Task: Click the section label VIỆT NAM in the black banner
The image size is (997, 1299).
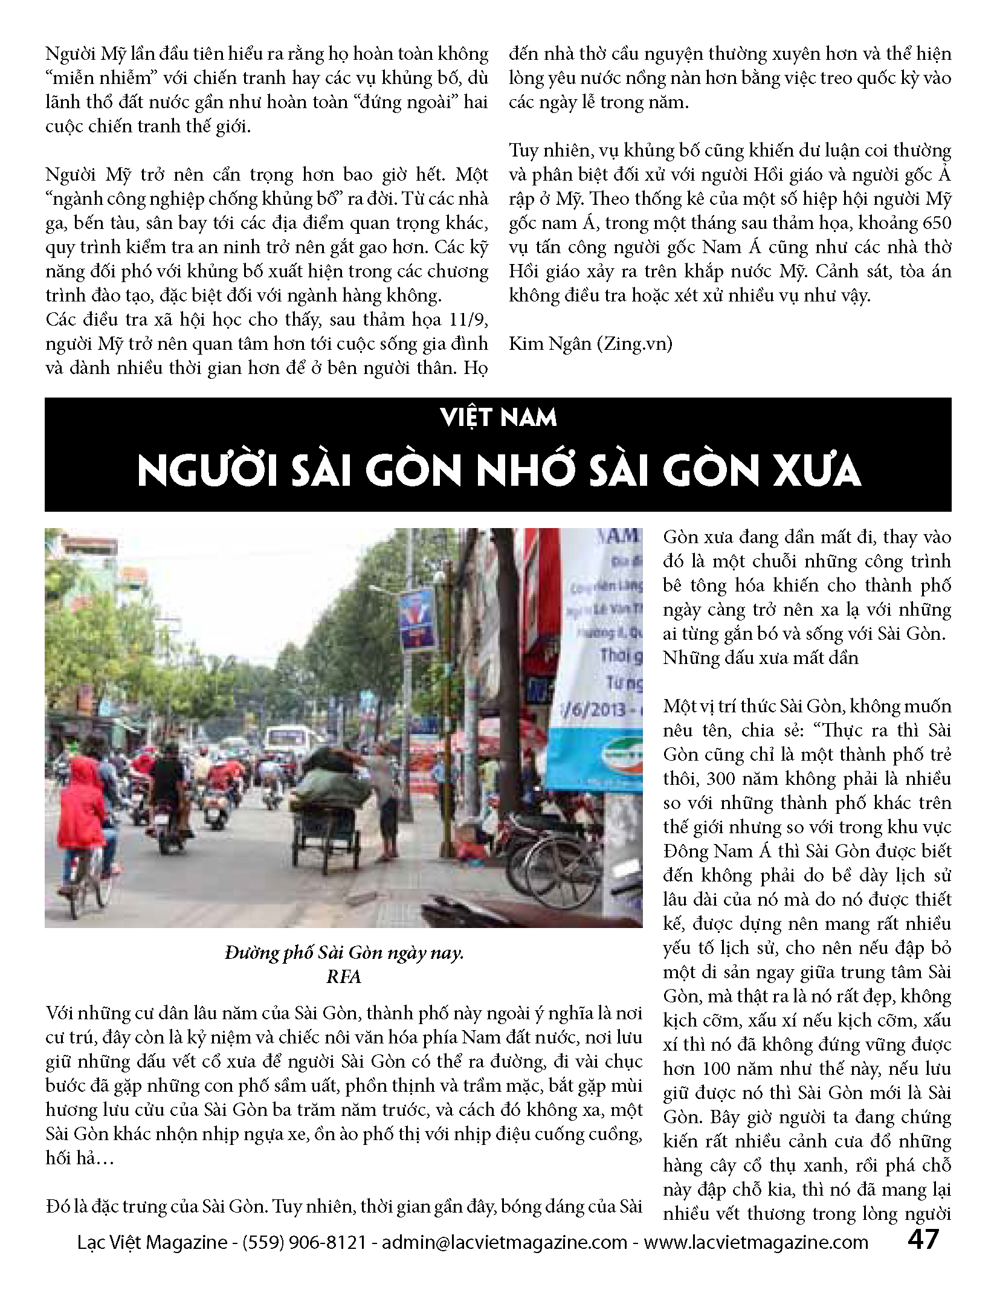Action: [x=498, y=418]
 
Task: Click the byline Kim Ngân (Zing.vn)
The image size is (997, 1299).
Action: [x=590, y=344]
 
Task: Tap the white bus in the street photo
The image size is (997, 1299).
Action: [x=291, y=741]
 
